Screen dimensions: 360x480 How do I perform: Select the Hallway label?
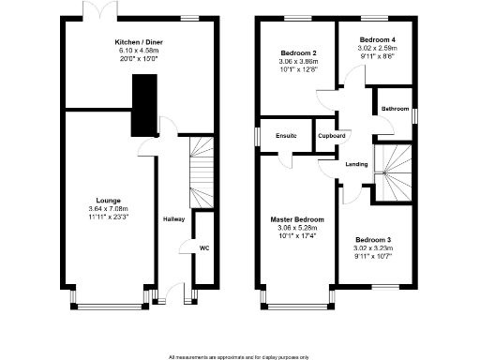click(x=174, y=219)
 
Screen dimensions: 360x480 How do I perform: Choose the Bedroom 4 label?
click(x=380, y=39)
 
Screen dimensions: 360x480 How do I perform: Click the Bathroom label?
click(x=394, y=110)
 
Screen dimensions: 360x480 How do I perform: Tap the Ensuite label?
click(x=286, y=136)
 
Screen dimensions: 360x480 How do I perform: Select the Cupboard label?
click(x=331, y=136)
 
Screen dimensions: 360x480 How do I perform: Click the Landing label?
click(x=356, y=164)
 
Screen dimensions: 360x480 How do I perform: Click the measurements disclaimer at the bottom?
click(x=239, y=357)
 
